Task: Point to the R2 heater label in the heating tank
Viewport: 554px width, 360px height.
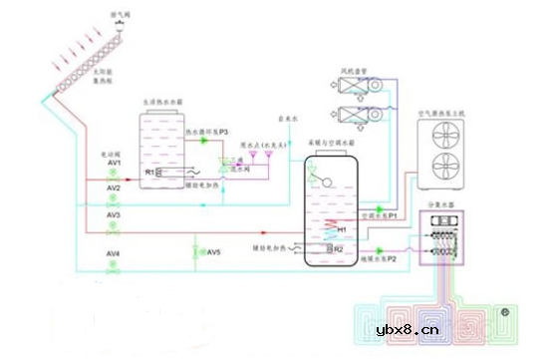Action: (339, 248)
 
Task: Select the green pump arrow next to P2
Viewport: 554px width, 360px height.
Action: (380, 250)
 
